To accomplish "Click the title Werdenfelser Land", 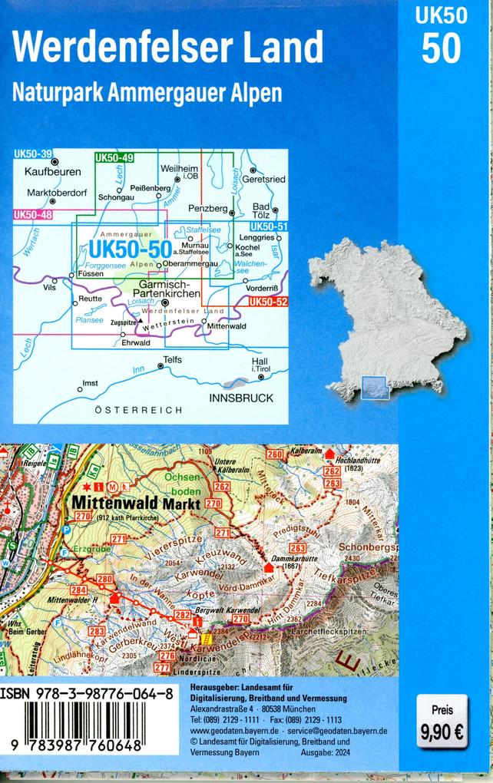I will click(x=168, y=48).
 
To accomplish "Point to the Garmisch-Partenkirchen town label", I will click(x=167, y=289).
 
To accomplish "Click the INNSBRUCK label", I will click(x=241, y=398).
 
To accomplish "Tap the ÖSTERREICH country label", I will click(x=138, y=410).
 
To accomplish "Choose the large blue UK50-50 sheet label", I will click(x=129, y=249).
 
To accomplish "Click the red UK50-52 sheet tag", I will click(x=268, y=302).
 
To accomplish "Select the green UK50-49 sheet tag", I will click(x=114, y=158).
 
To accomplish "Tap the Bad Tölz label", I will click(x=262, y=211).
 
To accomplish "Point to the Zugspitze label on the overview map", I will click(x=123, y=323).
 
